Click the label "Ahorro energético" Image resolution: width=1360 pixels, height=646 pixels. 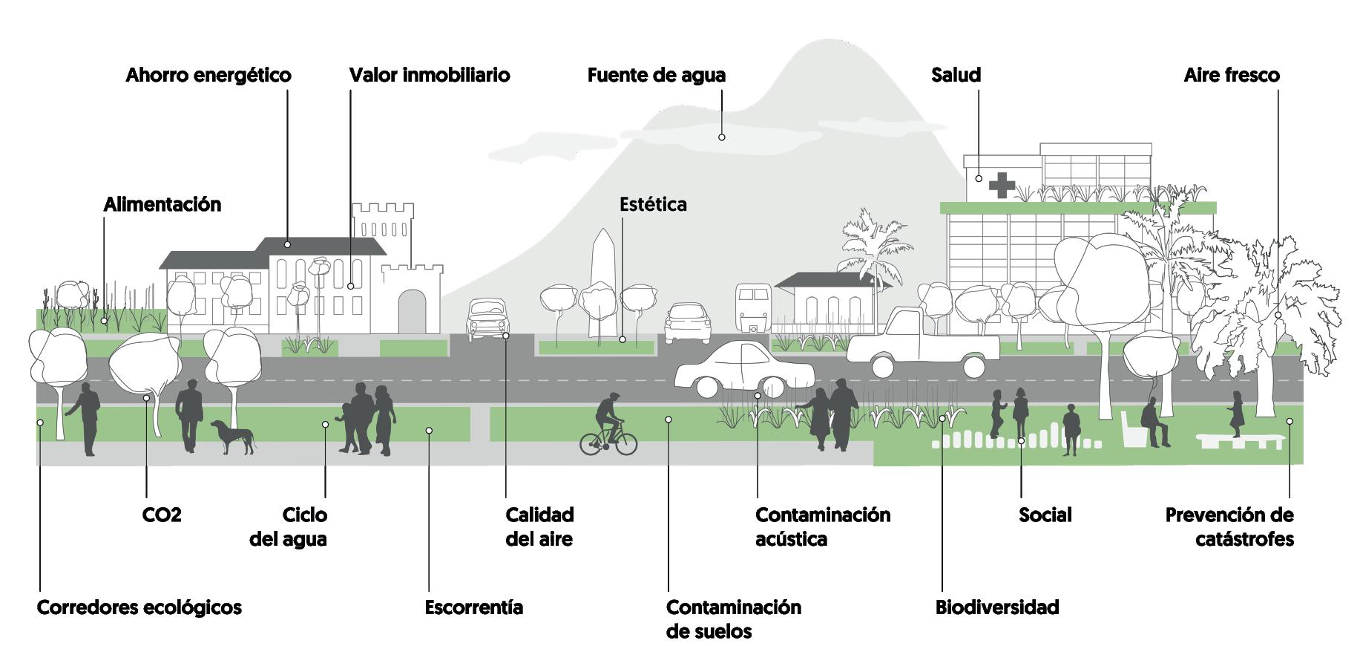[208, 75]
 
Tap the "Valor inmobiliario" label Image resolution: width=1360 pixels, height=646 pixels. [430, 75]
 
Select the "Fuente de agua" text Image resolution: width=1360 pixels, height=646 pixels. [657, 75]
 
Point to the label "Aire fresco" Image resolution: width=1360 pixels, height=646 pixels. [1232, 75]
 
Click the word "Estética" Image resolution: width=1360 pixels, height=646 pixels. [653, 204]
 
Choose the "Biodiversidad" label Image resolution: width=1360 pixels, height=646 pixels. [997, 607]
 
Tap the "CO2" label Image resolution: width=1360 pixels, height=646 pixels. [162, 515]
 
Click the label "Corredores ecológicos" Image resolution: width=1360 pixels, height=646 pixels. [139, 607]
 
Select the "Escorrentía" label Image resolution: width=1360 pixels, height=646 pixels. [473, 607]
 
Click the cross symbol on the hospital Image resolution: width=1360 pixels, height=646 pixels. [1002, 185]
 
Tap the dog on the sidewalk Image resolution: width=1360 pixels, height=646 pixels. [233, 436]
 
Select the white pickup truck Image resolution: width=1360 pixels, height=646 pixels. [923, 343]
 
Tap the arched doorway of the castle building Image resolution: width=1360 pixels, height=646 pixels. [413, 311]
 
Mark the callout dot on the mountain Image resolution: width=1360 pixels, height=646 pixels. [721, 137]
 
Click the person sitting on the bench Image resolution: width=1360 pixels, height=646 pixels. [1152, 422]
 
